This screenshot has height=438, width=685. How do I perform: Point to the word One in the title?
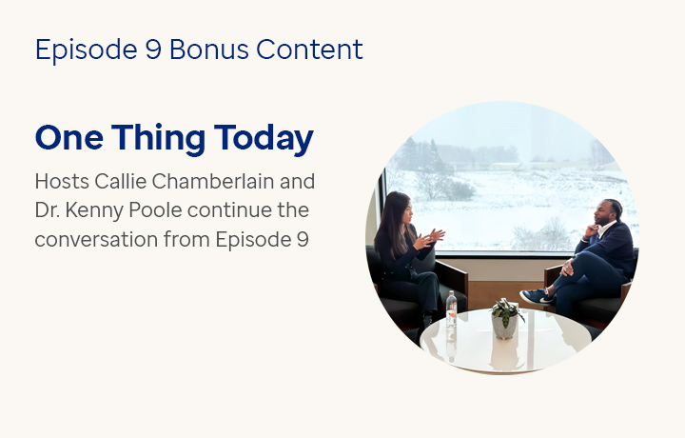[x=67, y=139]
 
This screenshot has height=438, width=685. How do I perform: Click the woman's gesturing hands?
[x=433, y=234]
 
